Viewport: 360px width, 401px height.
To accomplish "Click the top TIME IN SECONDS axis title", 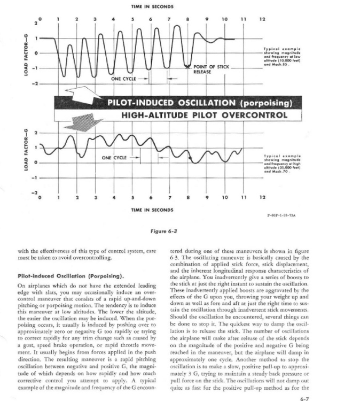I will (x=146, y=6).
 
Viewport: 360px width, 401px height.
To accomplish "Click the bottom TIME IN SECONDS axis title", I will (x=146, y=209).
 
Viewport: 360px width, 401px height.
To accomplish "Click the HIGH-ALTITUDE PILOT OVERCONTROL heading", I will (x=205, y=115).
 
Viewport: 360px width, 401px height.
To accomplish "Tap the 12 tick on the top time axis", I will (x=262, y=19).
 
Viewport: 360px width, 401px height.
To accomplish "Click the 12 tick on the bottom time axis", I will (x=262, y=198).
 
